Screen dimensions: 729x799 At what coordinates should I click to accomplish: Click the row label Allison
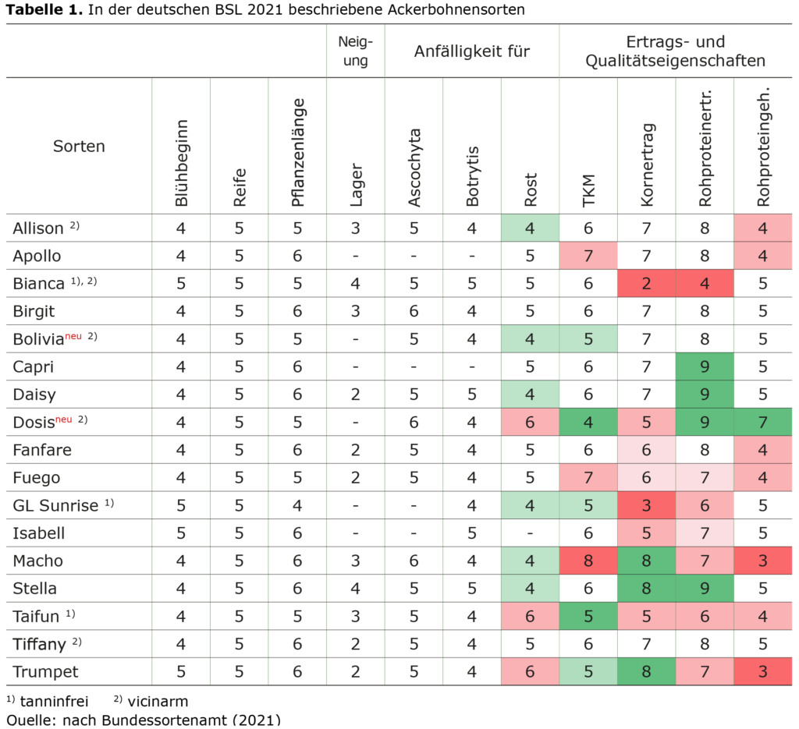tap(38, 228)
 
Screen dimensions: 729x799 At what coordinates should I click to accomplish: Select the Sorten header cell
tap(79, 146)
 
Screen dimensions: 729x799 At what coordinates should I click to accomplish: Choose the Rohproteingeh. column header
tap(763, 146)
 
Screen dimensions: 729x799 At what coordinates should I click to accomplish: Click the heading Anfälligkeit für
tap(471, 52)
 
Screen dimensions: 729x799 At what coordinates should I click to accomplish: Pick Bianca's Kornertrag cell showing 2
tap(646, 284)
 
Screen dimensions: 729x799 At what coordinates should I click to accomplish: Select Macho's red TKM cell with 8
tap(588, 561)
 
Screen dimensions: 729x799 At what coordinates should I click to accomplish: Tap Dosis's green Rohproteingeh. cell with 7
tap(763, 422)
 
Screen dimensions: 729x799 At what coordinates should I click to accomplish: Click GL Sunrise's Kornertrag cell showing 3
tap(646, 505)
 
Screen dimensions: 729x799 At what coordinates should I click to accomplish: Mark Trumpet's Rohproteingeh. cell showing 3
tap(763, 671)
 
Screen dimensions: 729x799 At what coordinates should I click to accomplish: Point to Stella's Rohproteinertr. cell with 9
tap(705, 588)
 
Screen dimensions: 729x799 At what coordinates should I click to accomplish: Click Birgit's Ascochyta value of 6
tap(414, 311)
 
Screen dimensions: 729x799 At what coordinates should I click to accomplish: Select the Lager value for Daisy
tap(356, 395)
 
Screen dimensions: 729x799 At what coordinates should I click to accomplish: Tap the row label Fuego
tap(37, 477)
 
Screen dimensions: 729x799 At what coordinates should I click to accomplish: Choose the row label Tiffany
tap(39, 644)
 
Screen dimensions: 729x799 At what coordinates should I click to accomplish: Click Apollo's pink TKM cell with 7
tap(588, 256)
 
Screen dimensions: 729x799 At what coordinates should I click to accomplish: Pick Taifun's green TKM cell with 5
tap(588, 616)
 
